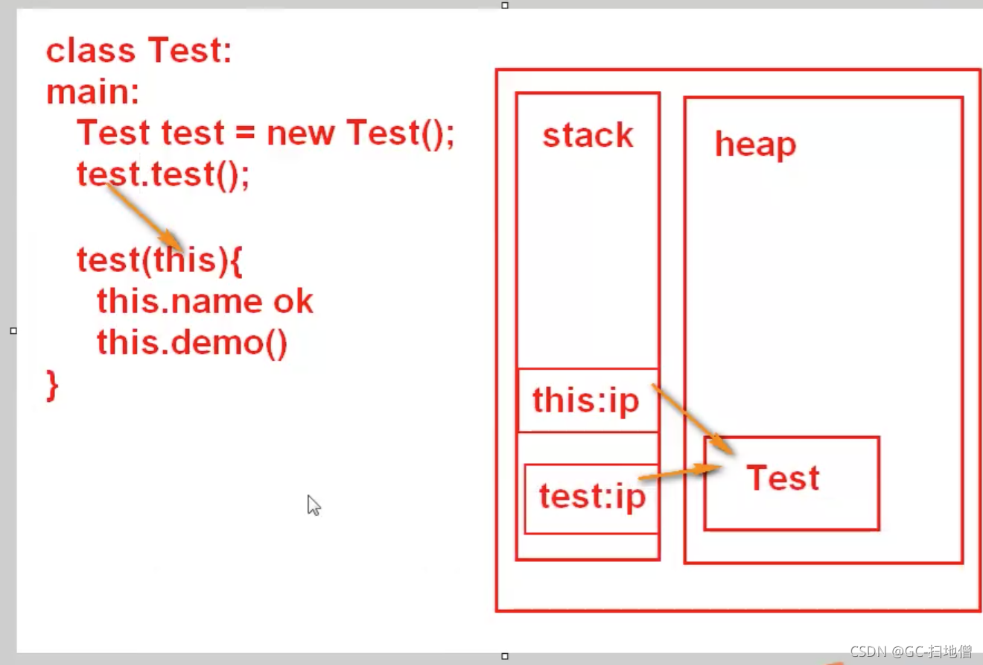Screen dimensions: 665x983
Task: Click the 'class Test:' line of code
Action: click(139, 51)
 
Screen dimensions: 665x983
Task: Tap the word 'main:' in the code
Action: click(93, 92)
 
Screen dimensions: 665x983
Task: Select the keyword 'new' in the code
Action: click(301, 133)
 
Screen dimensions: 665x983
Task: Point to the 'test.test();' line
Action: click(163, 174)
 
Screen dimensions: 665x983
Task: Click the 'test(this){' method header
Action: click(160, 260)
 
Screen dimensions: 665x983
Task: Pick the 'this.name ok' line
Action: click(205, 302)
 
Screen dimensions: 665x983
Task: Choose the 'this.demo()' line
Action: click(191, 343)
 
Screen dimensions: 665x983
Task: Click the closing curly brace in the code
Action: click(52, 386)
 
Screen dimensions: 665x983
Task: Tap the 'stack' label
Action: click(588, 136)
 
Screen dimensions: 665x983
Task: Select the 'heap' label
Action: click(755, 144)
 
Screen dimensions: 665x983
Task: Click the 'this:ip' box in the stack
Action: click(587, 400)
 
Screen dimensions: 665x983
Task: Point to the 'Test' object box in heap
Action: click(791, 483)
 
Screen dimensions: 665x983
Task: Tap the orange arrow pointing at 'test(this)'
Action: click(144, 216)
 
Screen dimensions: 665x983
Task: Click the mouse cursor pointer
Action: click(314, 505)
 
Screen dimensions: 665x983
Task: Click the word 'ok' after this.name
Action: click(293, 302)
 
